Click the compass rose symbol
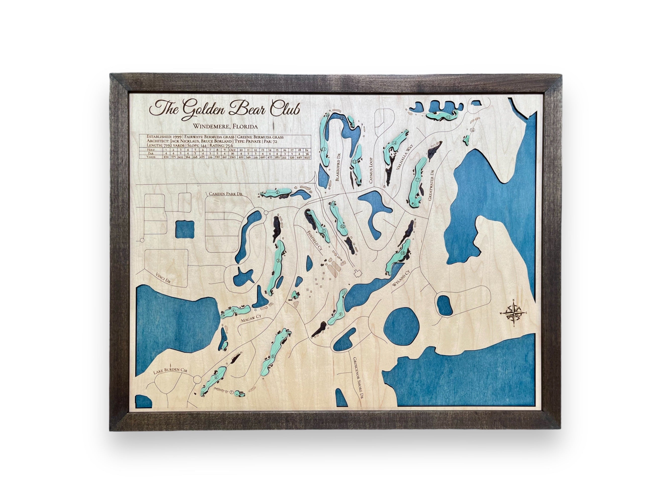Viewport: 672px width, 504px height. click(x=513, y=313)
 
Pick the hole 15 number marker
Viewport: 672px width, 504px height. click(x=448, y=117)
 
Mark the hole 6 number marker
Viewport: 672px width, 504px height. click(x=216, y=377)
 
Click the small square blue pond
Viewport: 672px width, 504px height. click(x=185, y=230)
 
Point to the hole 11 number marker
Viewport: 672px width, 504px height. click(x=324, y=149)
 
